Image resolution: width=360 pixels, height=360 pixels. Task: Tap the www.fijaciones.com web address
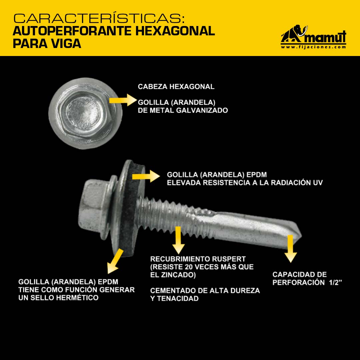[313, 47]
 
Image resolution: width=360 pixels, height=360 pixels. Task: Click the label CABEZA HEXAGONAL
[176, 87]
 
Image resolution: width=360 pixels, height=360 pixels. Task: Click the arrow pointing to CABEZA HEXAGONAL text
[123, 100]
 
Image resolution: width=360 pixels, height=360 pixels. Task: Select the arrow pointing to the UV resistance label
[146, 176]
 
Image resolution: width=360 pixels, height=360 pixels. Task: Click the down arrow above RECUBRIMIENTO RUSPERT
[178, 240]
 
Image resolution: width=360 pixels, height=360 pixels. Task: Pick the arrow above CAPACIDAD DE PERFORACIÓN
[290, 249]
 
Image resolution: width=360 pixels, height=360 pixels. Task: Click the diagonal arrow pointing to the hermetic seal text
[115, 262]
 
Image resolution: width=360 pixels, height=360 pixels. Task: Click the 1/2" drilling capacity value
[335, 282]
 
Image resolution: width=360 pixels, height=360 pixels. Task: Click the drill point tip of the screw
[301, 236]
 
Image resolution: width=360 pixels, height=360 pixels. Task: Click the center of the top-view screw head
[85, 113]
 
